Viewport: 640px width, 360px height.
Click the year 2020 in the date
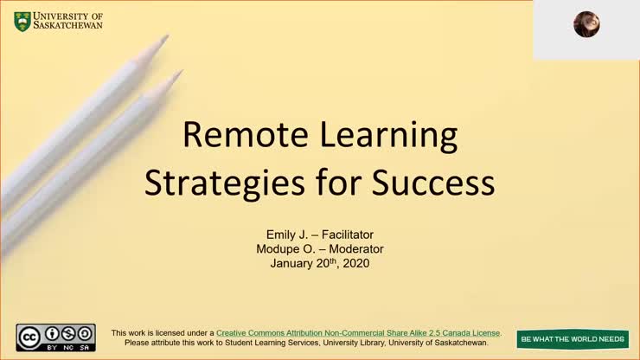pyautogui.click(x=355, y=264)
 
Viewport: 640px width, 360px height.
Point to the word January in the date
pyautogui.click(x=292, y=264)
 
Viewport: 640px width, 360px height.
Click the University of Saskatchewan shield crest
pyautogui.click(x=22, y=21)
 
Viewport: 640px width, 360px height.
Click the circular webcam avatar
pyautogui.click(x=586, y=24)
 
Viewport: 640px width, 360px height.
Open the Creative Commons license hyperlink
pyautogui.click(x=358, y=332)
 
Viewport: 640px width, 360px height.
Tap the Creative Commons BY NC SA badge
pyautogui.click(x=55, y=337)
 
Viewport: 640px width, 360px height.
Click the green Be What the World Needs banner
pyautogui.click(x=573, y=339)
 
